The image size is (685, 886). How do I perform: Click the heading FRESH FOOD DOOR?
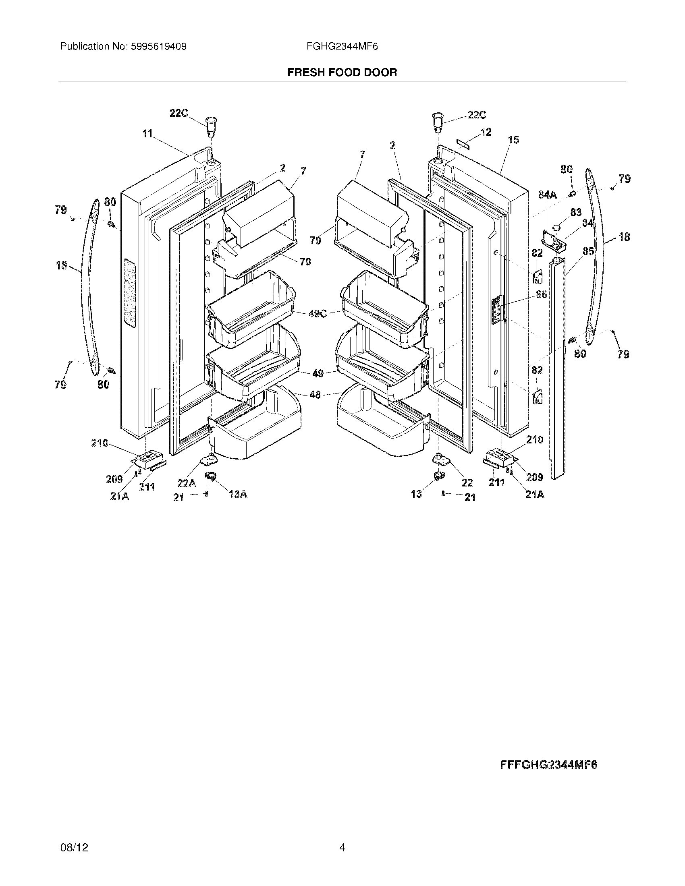(x=342, y=72)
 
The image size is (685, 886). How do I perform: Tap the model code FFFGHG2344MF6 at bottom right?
(x=548, y=765)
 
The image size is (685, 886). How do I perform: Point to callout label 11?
(x=147, y=133)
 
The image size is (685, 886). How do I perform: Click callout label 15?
(x=513, y=140)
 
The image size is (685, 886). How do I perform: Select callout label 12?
(x=486, y=132)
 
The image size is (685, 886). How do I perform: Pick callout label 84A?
(x=548, y=195)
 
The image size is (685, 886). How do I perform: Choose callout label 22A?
(x=186, y=483)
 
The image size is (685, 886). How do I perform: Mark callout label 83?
(x=576, y=212)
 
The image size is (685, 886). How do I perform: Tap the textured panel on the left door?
(x=129, y=292)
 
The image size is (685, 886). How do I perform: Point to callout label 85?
(x=588, y=251)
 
